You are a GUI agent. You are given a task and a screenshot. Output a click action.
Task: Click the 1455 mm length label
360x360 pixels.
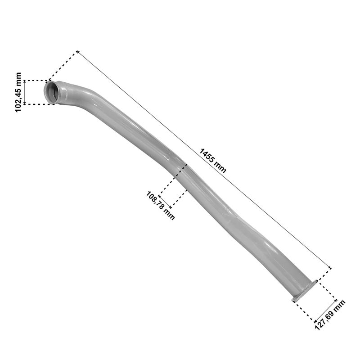point(212,161)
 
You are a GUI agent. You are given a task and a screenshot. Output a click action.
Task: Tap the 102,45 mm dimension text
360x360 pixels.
point(18,92)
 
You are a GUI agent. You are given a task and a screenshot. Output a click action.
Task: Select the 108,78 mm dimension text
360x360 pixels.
point(160,206)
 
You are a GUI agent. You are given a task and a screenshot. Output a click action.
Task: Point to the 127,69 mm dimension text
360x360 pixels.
point(330,315)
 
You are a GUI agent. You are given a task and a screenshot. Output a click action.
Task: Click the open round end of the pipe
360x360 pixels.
point(51,93)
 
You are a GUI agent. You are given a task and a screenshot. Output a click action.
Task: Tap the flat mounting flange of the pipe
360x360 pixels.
point(305,291)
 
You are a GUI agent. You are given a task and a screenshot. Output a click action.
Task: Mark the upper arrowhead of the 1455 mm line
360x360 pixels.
point(78,52)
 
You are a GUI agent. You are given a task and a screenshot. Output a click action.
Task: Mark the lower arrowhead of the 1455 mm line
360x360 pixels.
point(329,267)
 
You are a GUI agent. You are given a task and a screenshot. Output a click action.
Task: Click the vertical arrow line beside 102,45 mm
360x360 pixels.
point(25,92)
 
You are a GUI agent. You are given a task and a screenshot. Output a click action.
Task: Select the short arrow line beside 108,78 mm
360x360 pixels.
point(165,202)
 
